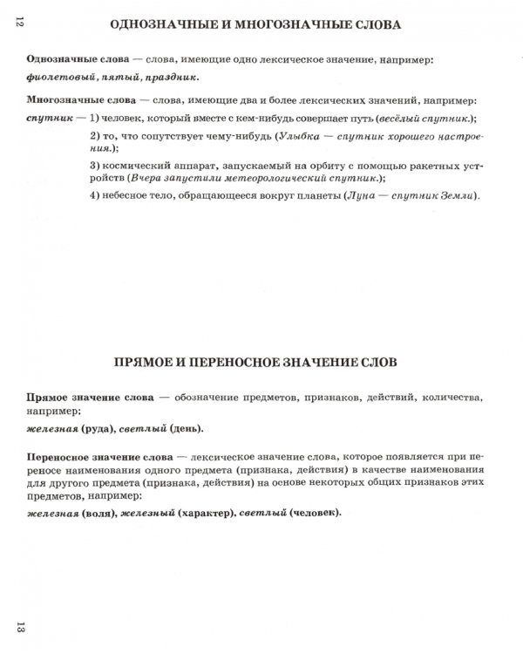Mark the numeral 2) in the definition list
click(x=96, y=138)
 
